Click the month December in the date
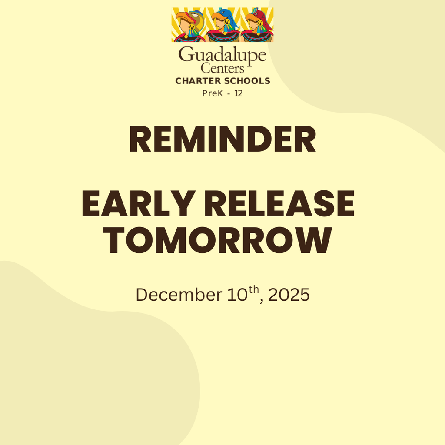tap(178, 295)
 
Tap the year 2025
tap(289, 295)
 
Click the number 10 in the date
tap(237, 295)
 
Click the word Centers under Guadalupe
tap(222, 68)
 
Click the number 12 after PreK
tap(239, 93)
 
